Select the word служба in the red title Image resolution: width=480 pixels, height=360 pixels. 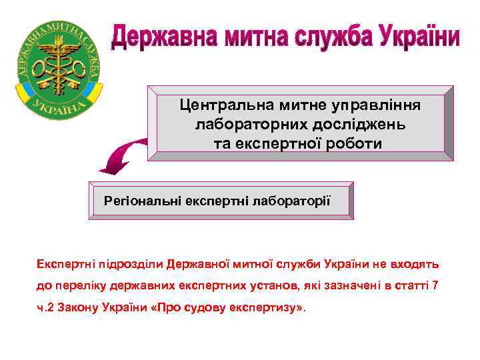[x=333, y=37]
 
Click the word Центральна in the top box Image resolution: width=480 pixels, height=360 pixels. [x=216, y=105]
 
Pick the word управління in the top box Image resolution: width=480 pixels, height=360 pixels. [x=378, y=105]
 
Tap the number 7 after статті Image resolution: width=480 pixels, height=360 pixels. [x=435, y=286]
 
